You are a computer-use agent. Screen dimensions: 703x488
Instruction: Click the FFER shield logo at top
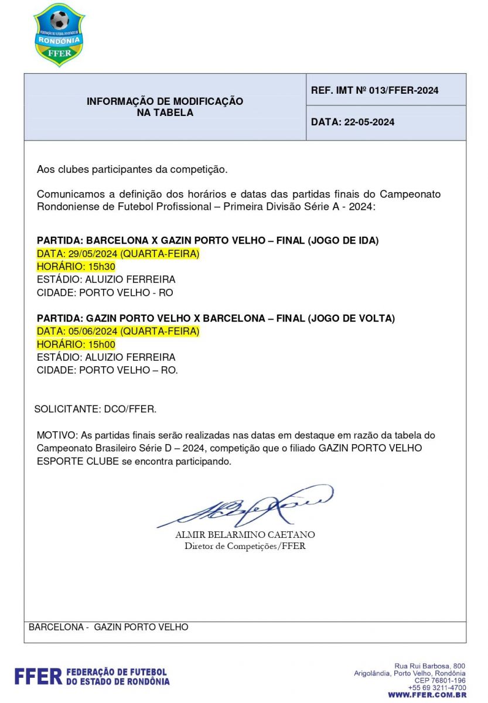[59, 34]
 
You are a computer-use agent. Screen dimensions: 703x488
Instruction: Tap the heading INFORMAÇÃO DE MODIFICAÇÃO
[165, 101]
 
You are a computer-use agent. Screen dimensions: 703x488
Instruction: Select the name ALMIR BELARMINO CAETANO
[245, 535]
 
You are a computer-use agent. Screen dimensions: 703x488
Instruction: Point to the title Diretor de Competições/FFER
[245, 547]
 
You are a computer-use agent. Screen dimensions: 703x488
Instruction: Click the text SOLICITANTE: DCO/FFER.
[95, 409]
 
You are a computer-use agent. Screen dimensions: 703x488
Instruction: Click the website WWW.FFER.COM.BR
[427, 695]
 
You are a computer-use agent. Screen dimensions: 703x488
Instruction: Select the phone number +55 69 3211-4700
[437, 688]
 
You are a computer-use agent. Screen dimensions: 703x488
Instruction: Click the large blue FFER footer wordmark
[38, 677]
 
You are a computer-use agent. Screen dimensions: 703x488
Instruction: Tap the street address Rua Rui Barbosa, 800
[430, 666]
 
